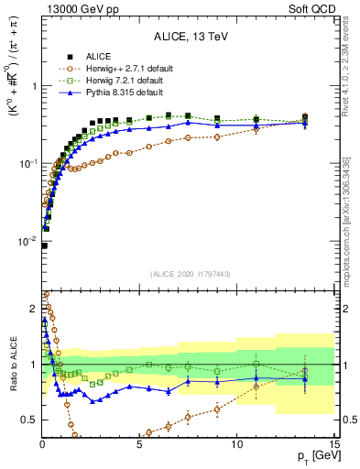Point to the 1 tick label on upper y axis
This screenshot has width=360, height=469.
click(x=34, y=86)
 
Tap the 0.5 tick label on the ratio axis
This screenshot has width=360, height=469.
click(x=29, y=420)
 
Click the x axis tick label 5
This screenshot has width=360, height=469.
click(x=139, y=443)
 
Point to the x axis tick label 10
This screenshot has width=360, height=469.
click(x=236, y=443)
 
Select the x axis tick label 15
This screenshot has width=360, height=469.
click(x=333, y=443)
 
